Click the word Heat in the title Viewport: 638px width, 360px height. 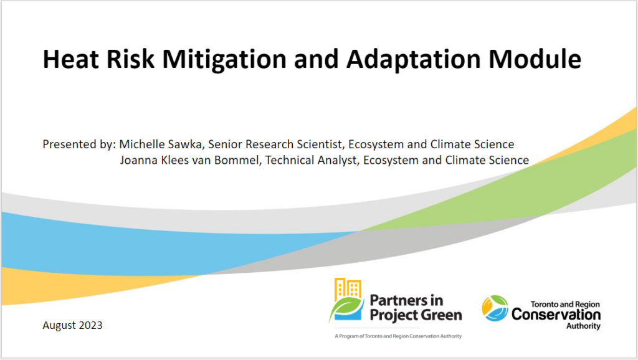click(70, 59)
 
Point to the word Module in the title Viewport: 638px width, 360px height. click(535, 59)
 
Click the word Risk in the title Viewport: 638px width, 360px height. click(130, 59)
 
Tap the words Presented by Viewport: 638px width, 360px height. click(79, 145)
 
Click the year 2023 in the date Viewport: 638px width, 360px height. click(90, 325)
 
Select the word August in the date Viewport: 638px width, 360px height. click(59, 326)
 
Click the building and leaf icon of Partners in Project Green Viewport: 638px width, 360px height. click(346, 300)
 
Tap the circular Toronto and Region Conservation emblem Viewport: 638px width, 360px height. click(495, 308)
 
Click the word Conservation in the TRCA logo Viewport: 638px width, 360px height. click(556, 315)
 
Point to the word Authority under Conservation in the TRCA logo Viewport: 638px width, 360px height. click(583, 326)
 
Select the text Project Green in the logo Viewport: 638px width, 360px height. click(416, 315)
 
